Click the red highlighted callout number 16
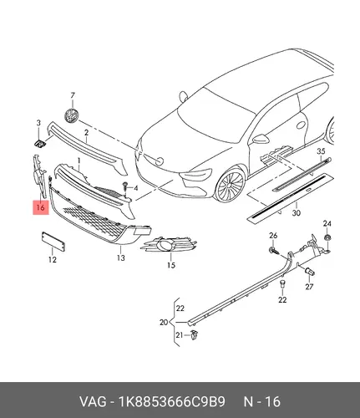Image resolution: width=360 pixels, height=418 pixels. point(41,207)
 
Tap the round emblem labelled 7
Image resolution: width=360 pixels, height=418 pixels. point(71,115)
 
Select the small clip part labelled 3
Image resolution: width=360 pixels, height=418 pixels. point(40,144)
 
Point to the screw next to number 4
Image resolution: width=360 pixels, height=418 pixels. point(125,186)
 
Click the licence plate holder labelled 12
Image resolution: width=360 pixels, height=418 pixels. point(53,242)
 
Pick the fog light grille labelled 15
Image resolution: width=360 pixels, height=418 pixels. point(169,244)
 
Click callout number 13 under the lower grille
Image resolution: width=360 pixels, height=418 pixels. point(121,257)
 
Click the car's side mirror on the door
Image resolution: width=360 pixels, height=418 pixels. point(260,139)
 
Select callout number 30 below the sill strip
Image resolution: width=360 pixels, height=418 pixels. point(297,213)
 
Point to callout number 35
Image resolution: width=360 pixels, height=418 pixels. point(321,151)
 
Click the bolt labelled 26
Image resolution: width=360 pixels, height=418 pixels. point(274,250)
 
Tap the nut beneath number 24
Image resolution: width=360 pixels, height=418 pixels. point(327,238)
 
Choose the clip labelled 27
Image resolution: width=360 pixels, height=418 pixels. point(310,271)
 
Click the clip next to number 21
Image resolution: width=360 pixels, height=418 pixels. point(195,334)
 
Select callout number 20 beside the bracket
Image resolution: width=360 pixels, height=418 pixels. point(164,322)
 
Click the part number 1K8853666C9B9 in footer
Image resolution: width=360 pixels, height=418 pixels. point(172,402)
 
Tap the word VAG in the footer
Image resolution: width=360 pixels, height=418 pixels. point(93,402)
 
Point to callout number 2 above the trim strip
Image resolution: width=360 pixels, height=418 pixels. point(86,133)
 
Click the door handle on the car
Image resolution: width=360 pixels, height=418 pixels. point(301,125)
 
